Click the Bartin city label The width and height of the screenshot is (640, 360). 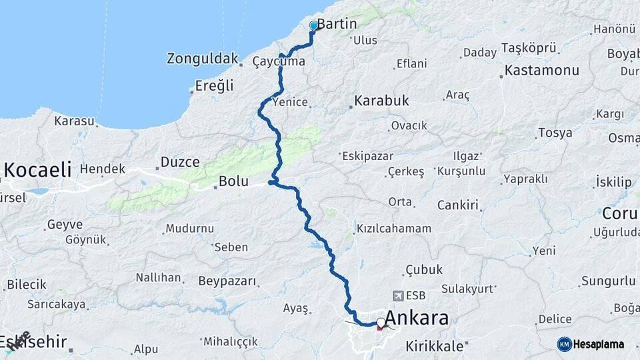pos(337,24)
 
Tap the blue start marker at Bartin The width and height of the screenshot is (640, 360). pos(313,26)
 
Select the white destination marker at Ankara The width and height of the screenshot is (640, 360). pos(381,323)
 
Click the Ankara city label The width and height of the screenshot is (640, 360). pos(417,318)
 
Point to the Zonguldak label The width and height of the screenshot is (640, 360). pos(203,59)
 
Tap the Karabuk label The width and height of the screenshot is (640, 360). pos(381,101)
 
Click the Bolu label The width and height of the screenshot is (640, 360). pos(233,181)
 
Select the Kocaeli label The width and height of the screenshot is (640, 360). pos(37,170)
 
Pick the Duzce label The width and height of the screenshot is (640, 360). pos(180,162)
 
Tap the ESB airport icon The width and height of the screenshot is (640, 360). pos(399,295)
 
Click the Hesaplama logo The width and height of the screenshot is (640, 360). pos(591,344)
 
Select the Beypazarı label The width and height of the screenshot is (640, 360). pos(227,281)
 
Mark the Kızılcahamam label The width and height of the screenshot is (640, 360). pos(394,229)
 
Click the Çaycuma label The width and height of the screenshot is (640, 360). pos(279,62)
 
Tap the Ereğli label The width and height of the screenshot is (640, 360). pos(215,85)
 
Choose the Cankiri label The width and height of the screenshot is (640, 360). pos(458,205)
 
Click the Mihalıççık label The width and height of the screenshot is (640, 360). pos(230,341)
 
